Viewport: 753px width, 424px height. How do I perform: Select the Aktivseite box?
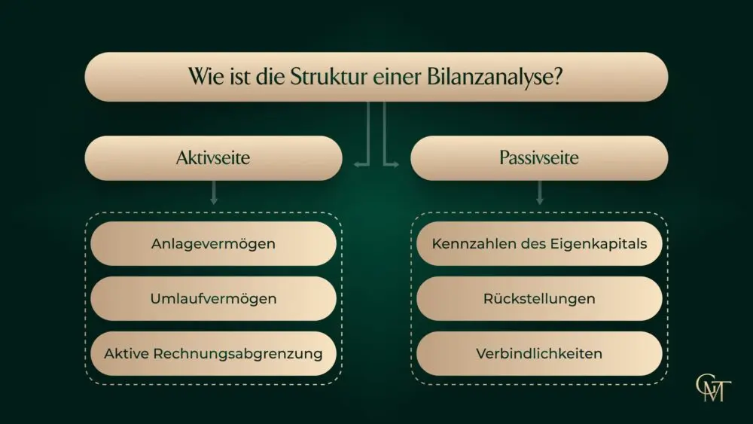[213, 158]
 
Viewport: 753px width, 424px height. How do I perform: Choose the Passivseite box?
[539, 158]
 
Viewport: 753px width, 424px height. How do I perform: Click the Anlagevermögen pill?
[213, 243]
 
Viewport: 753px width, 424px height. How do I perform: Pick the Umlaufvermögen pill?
[213, 298]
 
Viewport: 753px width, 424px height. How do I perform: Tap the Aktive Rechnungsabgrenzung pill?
[213, 353]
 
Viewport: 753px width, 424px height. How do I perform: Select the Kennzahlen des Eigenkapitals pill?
[539, 243]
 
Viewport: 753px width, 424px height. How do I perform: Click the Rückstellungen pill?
[539, 298]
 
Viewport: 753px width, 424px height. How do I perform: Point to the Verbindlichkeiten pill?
[539, 353]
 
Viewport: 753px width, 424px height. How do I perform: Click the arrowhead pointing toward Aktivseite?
[357, 165]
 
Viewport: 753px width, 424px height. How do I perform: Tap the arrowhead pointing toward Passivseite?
[396, 165]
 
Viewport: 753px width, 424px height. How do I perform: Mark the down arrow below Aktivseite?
[214, 193]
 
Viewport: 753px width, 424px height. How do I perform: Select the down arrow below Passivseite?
[539, 193]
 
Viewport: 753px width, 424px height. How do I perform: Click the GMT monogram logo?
[713, 388]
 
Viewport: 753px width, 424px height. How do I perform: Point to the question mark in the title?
[557, 77]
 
